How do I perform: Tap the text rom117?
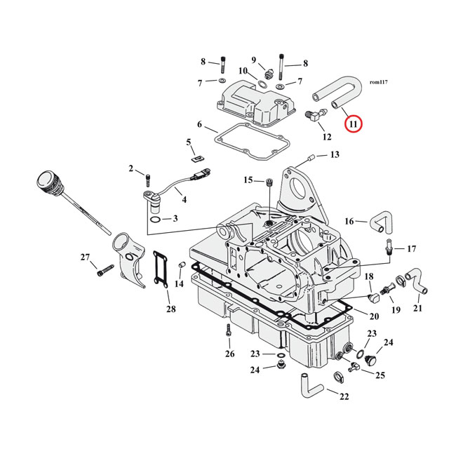[x=378, y=82]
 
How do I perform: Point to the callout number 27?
[x=85, y=257]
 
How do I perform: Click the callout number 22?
[x=344, y=397]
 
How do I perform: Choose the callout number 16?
[x=349, y=221]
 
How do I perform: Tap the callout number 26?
[x=229, y=354]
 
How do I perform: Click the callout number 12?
[x=327, y=138]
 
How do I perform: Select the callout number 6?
[x=199, y=126]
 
